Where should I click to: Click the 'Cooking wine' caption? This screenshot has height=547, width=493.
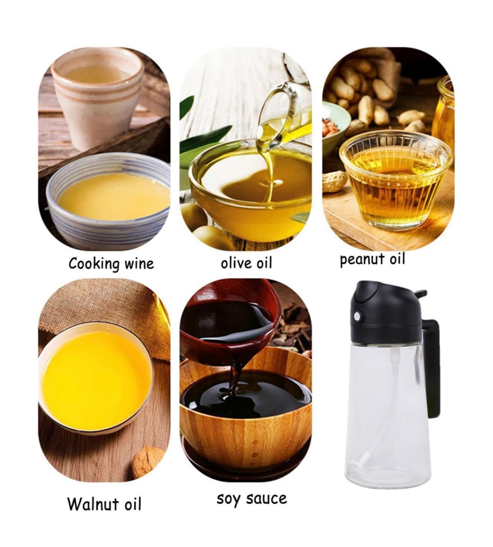click(111, 264)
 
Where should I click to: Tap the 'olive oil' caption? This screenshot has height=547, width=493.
click(246, 263)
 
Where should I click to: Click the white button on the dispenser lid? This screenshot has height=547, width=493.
click(357, 317)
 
